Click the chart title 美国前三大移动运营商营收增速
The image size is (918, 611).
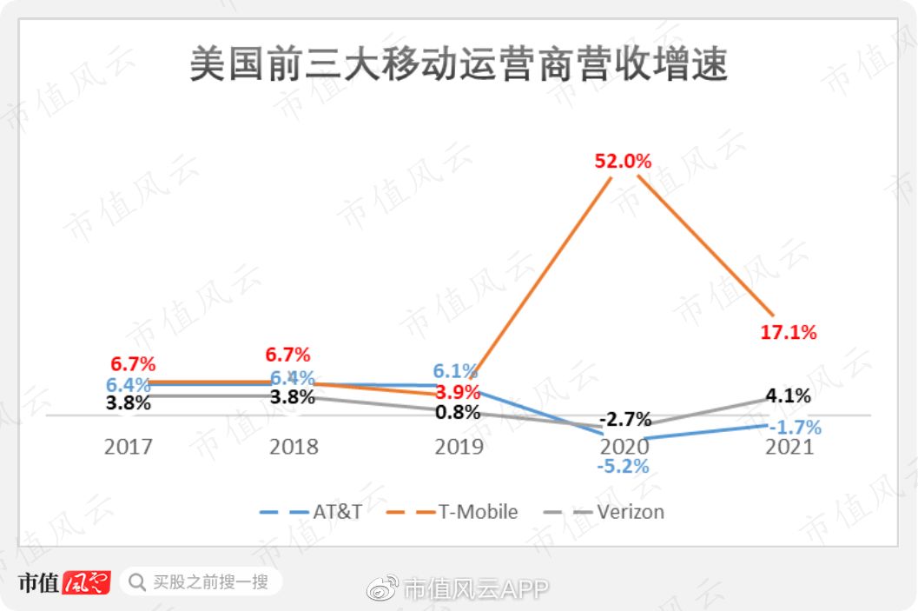click(x=459, y=66)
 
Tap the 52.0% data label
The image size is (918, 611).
click(x=623, y=162)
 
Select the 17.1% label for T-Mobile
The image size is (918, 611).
click(x=789, y=332)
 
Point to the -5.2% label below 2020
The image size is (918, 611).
click(x=623, y=466)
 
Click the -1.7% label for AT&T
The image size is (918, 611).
click(x=794, y=427)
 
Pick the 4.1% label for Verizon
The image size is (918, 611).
click(x=788, y=396)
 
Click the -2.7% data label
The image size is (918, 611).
click(x=624, y=420)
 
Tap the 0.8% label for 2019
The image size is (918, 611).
click(x=458, y=412)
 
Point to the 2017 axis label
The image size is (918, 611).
click(x=128, y=447)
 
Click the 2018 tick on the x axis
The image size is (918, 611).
click(x=294, y=447)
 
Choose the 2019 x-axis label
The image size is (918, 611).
click(x=459, y=447)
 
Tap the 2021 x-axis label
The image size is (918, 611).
click(x=789, y=447)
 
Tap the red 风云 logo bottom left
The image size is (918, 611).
click(x=87, y=582)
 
